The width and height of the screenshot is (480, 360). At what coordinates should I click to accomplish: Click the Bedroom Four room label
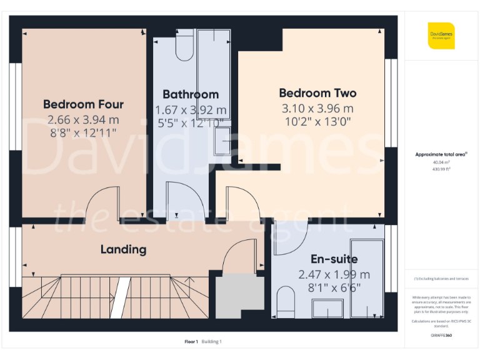[x=83, y=104]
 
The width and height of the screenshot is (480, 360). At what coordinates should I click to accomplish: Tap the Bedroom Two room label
[x=317, y=93]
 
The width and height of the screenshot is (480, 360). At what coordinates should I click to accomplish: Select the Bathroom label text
[x=191, y=94]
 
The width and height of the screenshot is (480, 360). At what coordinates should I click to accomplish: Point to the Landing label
[x=123, y=249]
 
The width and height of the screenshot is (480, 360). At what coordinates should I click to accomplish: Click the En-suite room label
[x=334, y=259]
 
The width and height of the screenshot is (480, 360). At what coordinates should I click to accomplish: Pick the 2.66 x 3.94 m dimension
[x=83, y=119]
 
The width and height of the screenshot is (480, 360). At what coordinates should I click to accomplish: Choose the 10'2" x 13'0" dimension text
[x=317, y=122]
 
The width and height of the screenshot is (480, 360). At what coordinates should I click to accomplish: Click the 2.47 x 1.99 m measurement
[x=334, y=274]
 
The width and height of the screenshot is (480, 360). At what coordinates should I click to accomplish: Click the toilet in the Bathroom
[x=184, y=47]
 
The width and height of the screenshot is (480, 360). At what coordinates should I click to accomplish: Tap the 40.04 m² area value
[x=441, y=162]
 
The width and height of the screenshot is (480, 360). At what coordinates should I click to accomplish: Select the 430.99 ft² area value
[x=441, y=168]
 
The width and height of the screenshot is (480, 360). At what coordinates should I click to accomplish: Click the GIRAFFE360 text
[x=441, y=336]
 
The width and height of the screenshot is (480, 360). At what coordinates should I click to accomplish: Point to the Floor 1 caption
[x=191, y=341]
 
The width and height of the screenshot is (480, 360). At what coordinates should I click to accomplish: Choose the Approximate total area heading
[x=441, y=154]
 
